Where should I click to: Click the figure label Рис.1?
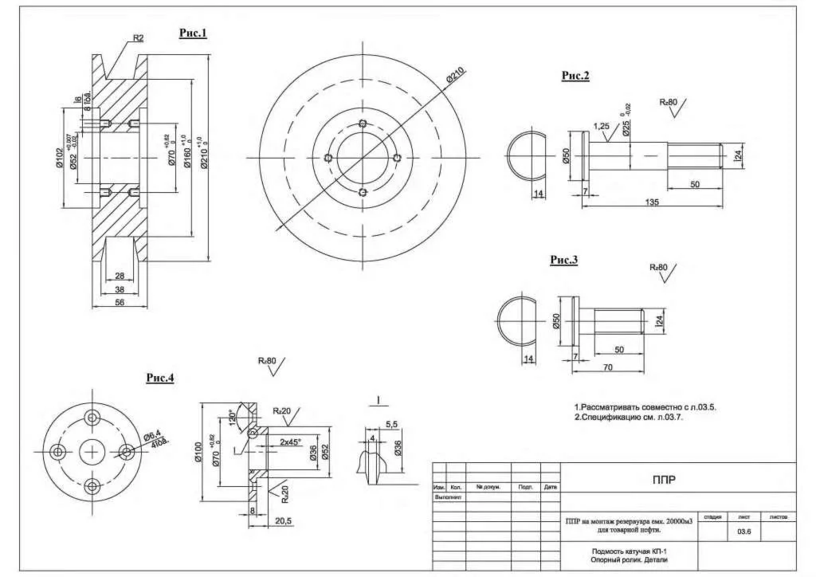point(193,33)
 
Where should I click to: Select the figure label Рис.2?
point(575,76)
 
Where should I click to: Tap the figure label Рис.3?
point(563,260)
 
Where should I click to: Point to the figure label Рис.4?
point(159,378)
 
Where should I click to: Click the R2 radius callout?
point(138,37)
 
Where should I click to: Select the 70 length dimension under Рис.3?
point(607,367)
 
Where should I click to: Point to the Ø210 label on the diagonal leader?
point(456,77)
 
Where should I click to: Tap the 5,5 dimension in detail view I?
point(390,426)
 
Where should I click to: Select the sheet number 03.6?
point(744,531)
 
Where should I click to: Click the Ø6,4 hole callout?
point(152,437)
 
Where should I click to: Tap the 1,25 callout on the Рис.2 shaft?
point(602,127)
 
